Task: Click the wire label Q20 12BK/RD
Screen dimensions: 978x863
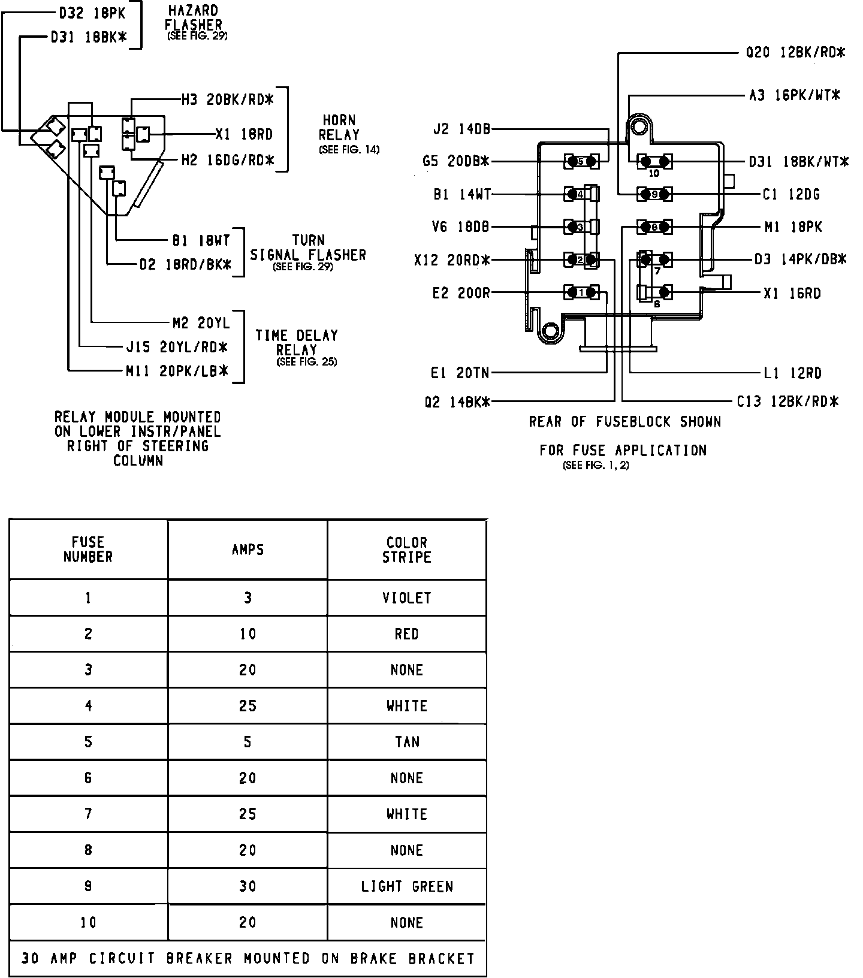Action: coord(795,53)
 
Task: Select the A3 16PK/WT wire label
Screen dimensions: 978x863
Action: coord(795,95)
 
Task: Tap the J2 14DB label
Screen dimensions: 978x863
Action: coord(461,129)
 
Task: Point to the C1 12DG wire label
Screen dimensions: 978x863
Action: coord(791,194)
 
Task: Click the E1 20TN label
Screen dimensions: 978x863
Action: coord(460,373)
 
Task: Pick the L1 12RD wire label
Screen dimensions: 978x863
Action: coord(792,373)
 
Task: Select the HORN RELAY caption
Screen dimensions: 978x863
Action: coord(340,128)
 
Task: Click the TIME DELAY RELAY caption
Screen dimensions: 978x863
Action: coord(297,342)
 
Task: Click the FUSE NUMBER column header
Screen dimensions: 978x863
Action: coord(88,550)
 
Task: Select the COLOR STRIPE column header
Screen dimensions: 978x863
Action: coord(407,550)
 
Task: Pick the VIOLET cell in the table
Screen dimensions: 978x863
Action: coord(407,597)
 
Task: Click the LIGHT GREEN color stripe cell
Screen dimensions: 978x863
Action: coord(407,886)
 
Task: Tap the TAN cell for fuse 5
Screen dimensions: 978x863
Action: coord(407,742)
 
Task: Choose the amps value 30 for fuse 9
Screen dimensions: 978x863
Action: coord(248,886)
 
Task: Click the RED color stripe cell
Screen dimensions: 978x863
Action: coord(407,633)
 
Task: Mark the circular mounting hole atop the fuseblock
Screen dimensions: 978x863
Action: coord(642,127)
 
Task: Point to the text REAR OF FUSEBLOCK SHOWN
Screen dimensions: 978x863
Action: coord(624,422)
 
